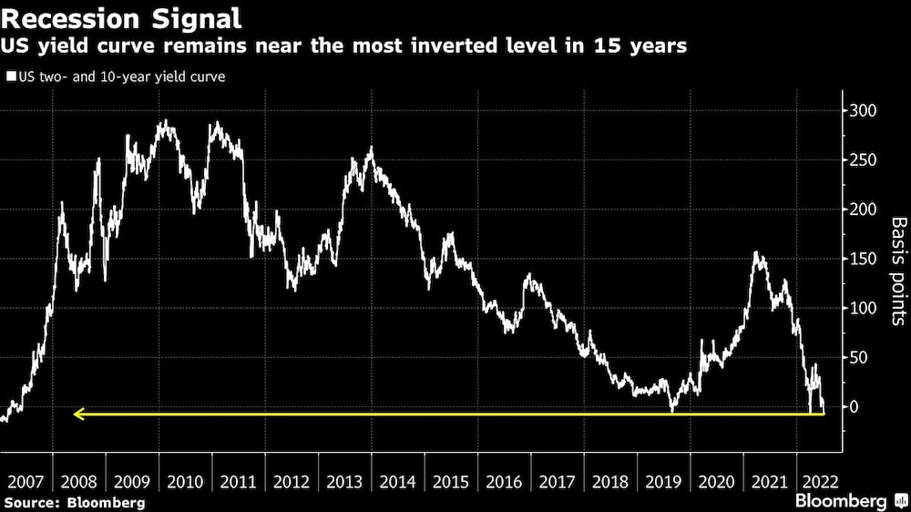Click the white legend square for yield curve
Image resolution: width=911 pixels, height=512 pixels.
tap(10, 77)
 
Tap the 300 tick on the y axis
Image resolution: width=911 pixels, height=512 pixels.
tap(863, 111)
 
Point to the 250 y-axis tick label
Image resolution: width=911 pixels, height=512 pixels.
tap(863, 160)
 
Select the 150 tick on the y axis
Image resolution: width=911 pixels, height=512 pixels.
tap(863, 259)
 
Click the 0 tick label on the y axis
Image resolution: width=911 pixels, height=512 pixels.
tap(855, 406)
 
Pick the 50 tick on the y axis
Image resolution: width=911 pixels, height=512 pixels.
tap(859, 357)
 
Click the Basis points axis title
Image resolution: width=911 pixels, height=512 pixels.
tap(898, 271)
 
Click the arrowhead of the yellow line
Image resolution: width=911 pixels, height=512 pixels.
tap(78, 415)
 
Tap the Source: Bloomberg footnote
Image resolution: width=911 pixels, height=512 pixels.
tap(74, 502)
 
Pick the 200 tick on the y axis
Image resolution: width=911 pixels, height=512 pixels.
tap(863, 210)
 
